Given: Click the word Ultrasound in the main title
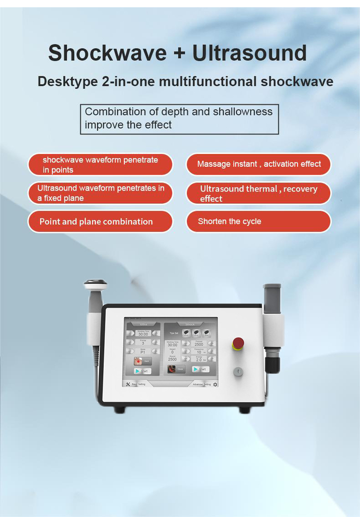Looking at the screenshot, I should tap(249, 53).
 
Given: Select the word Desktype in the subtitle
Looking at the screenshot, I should tap(67, 81).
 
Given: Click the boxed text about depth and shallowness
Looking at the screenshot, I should tap(179, 119).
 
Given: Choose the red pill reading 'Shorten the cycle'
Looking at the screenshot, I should tap(258, 221).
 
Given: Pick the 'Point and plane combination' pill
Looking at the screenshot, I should tap(100, 221).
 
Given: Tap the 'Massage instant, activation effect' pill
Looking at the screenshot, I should tap(258, 164).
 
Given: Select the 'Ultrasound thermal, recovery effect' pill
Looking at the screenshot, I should tap(258, 193).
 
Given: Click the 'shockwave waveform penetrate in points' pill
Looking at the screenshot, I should tap(100, 165).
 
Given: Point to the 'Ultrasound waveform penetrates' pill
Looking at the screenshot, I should tap(100, 193).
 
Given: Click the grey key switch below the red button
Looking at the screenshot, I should tap(238, 371).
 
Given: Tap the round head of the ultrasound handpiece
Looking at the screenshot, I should tap(95, 286).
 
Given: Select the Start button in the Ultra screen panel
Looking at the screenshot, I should tap(142, 371).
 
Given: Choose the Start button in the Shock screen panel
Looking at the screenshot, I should tap(200, 369).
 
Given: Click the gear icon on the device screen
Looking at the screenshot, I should tap(215, 384).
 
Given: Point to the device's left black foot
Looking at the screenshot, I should tap(120, 409).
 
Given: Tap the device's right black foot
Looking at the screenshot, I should tap(245, 409).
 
